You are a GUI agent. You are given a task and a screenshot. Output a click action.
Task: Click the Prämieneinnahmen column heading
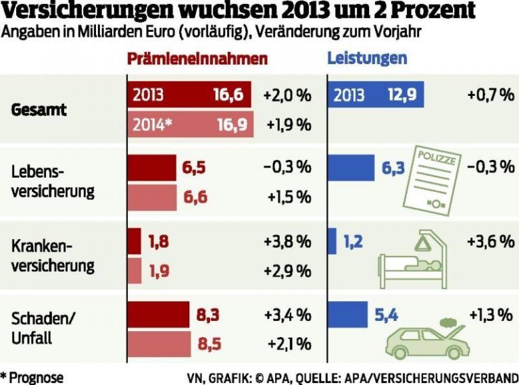[197, 59]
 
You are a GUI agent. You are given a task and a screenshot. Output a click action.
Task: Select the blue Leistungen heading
[367, 58]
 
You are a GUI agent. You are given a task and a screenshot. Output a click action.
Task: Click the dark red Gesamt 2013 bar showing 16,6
[189, 95]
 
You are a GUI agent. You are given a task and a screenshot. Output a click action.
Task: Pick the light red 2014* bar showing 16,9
[190, 124]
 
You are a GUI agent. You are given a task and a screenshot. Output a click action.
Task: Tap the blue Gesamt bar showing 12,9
[375, 95]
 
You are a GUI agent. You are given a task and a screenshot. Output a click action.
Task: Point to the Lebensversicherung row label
[53, 181]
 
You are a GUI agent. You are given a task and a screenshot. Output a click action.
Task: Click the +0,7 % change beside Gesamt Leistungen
[490, 95]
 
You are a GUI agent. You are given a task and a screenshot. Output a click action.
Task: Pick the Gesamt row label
[39, 109]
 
